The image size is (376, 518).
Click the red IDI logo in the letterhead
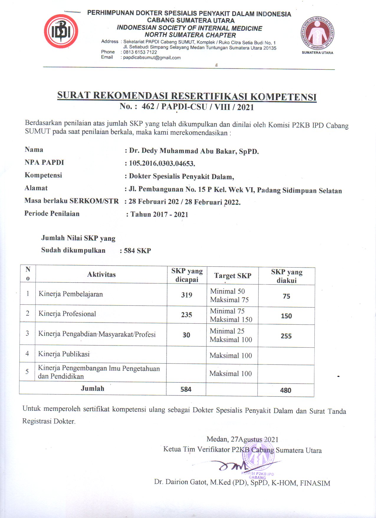[x=61, y=32]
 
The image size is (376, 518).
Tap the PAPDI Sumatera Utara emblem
[x=317, y=34]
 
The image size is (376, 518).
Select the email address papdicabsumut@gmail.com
[x=152, y=58]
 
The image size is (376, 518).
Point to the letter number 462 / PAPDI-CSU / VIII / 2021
[x=187, y=107]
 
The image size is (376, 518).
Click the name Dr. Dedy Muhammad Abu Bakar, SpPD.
[x=194, y=151]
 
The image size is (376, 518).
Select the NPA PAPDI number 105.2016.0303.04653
[x=162, y=163]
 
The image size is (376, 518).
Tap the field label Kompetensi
[x=43, y=175]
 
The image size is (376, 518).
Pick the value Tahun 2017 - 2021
[x=159, y=214]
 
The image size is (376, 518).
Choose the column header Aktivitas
[x=101, y=274]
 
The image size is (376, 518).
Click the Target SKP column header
[x=233, y=276]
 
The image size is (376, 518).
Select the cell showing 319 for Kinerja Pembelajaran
[x=186, y=295]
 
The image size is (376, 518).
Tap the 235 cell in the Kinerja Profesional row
[x=186, y=315]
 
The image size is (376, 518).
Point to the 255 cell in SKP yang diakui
[x=286, y=336]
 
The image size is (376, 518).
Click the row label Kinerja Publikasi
[x=64, y=354]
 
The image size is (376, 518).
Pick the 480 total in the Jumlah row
[x=285, y=390]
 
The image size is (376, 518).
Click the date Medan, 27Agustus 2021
[x=242, y=439]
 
